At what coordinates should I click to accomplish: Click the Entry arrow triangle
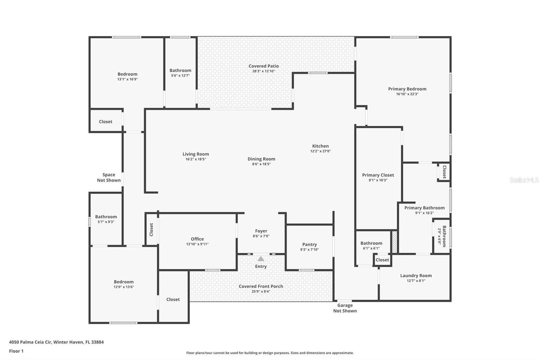[x=261, y=259]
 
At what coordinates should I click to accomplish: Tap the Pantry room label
[x=310, y=244]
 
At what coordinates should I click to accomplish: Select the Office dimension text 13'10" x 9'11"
[x=197, y=244]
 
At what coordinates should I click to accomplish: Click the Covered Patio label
[x=264, y=66]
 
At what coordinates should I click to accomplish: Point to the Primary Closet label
[x=378, y=175]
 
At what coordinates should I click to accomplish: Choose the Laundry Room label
[x=416, y=275]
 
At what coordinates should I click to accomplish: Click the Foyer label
[x=261, y=231]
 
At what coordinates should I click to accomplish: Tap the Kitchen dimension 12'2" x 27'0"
[x=320, y=151]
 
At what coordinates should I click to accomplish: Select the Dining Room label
[x=261, y=159]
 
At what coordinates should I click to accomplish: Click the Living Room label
[x=195, y=154]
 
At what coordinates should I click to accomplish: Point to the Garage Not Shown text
[x=345, y=308]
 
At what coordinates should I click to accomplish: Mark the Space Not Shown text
[x=109, y=177]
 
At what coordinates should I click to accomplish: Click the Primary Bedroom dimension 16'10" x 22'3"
[x=407, y=94]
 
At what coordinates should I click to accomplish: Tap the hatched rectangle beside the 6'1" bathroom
[x=394, y=242]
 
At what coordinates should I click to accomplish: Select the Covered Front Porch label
[x=261, y=286]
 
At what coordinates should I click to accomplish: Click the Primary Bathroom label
[x=424, y=208]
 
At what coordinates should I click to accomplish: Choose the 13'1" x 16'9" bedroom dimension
[x=127, y=79]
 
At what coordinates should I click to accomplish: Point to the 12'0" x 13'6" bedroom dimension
[x=124, y=287]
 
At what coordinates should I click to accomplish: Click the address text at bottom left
[x=56, y=342]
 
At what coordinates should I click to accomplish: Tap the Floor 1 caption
[x=16, y=351]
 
